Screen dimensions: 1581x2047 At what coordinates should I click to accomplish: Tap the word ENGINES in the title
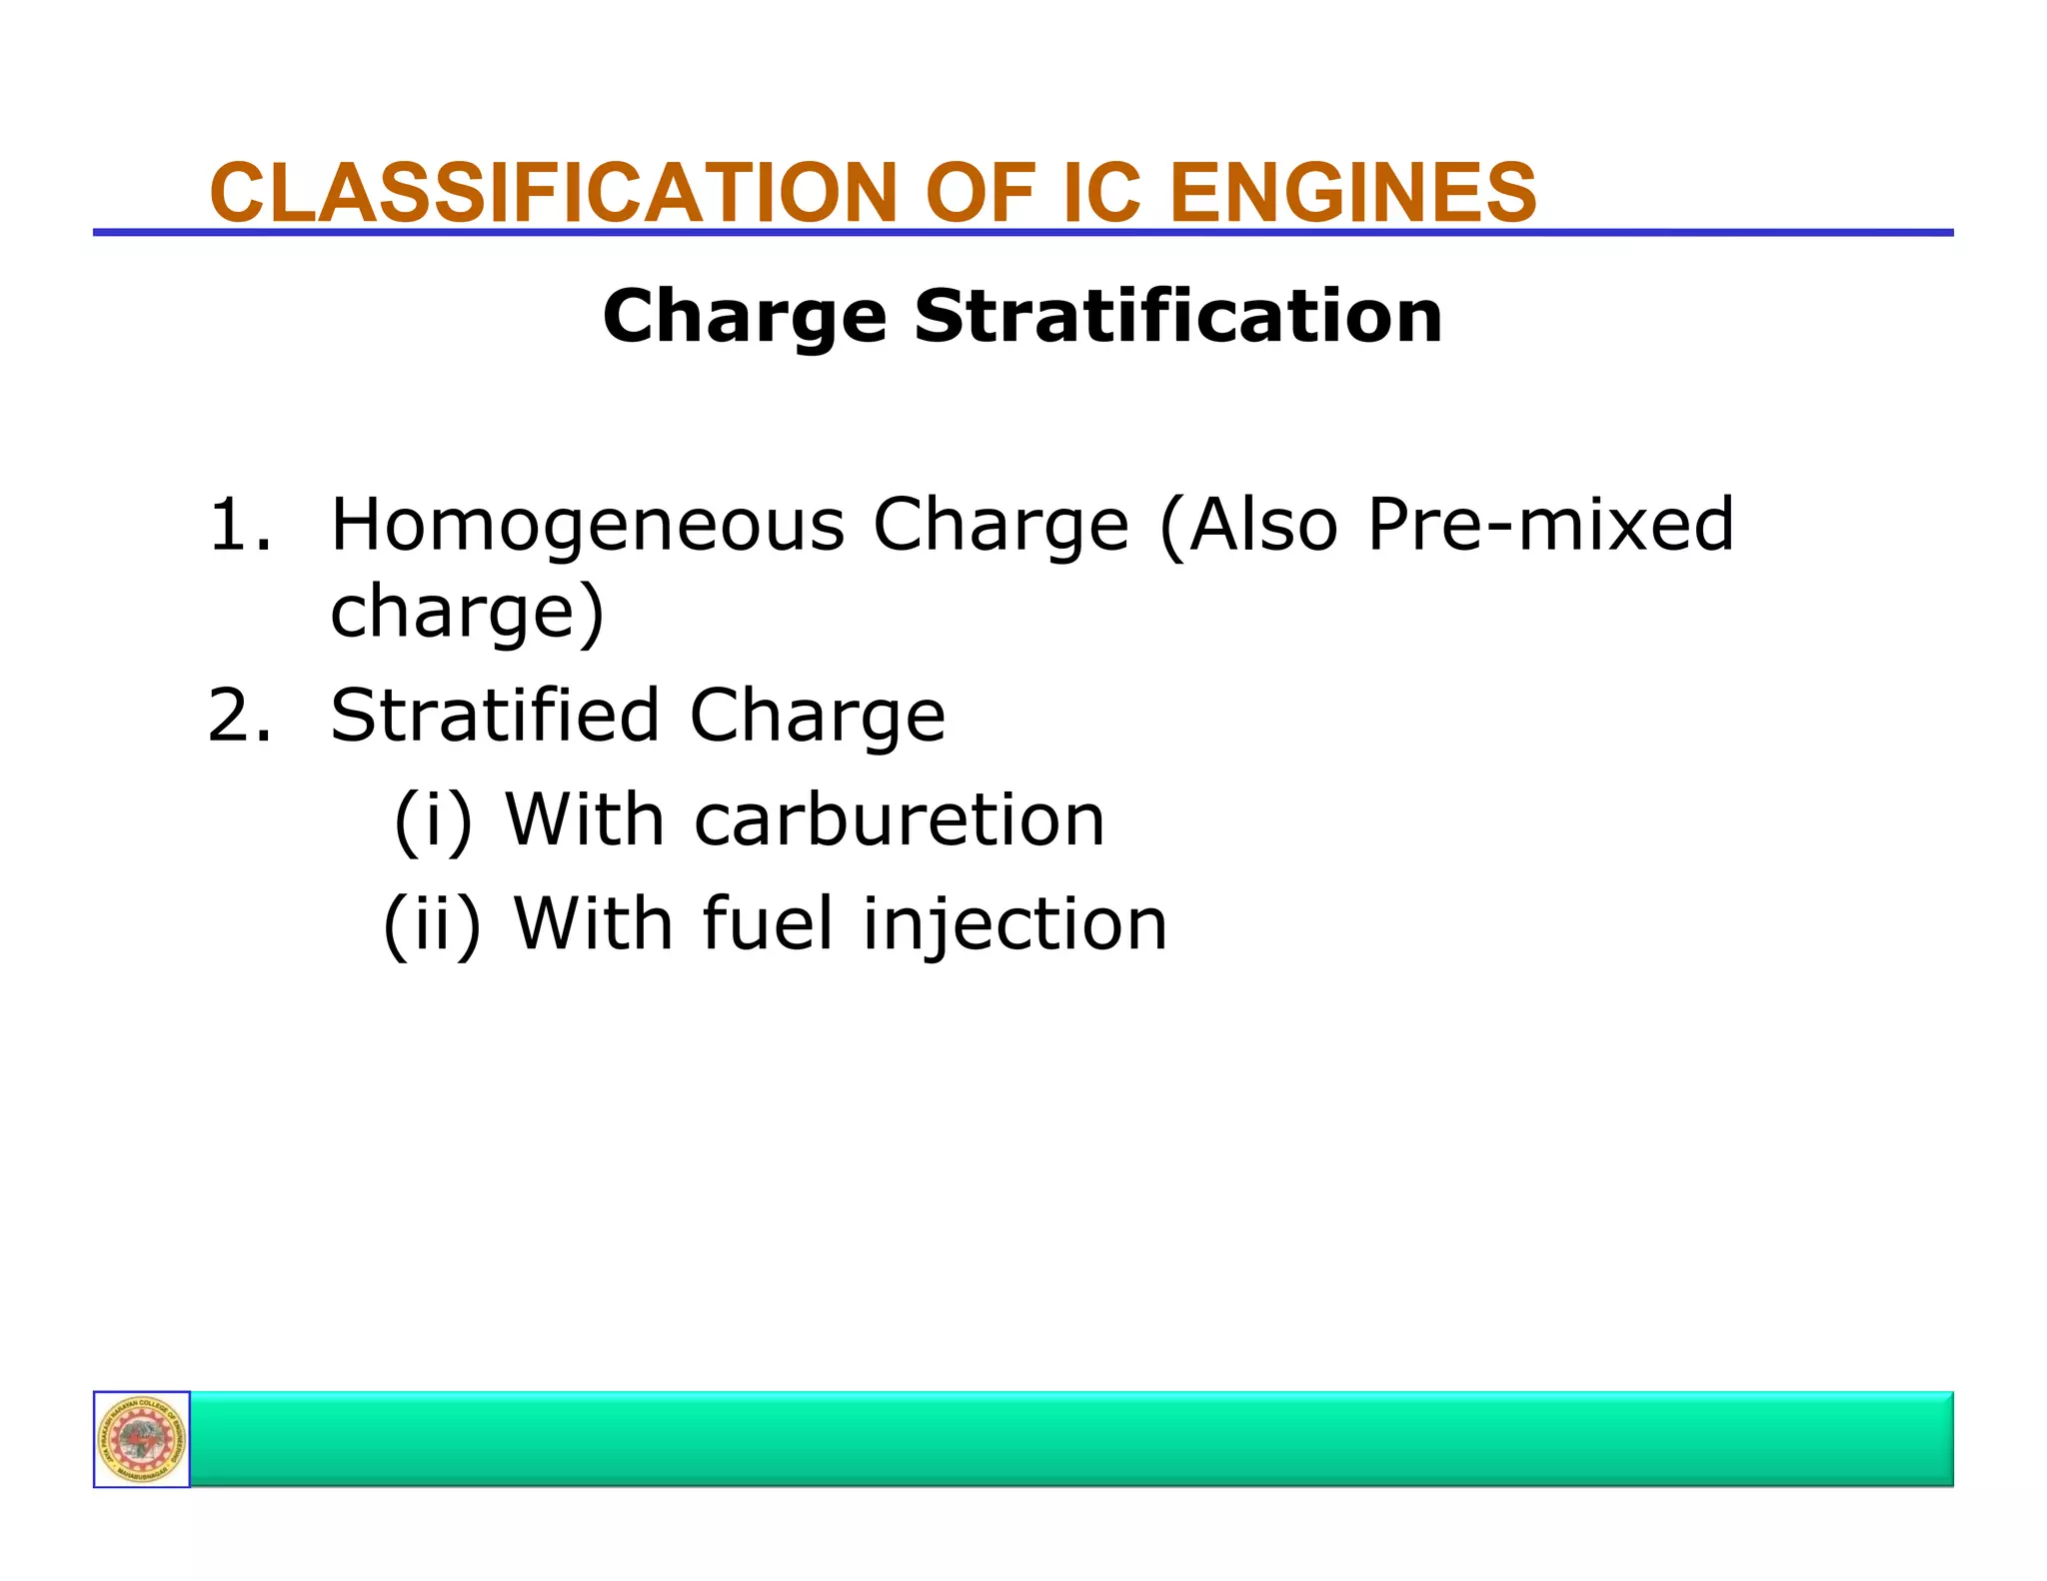click(x=1352, y=193)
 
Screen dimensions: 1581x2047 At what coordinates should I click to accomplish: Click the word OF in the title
click(x=979, y=193)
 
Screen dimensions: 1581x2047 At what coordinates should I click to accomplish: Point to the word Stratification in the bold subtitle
click(x=1177, y=316)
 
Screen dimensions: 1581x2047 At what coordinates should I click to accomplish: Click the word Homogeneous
click(x=587, y=527)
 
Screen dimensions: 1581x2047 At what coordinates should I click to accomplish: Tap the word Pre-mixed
click(x=1550, y=525)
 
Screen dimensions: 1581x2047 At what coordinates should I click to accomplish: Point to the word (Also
click(x=1249, y=527)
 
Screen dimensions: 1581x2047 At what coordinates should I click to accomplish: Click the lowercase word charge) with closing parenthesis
click(x=467, y=613)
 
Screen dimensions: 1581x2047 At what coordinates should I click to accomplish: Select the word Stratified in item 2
click(x=494, y=716)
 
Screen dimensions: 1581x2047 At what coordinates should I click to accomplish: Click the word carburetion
click(x=899, y=820)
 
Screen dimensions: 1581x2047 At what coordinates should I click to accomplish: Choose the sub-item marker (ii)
click(x=432, y=924)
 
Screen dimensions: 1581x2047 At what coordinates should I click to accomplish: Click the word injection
click(x=1014, y=925)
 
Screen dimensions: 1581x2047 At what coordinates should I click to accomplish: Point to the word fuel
click(x=767, y=923)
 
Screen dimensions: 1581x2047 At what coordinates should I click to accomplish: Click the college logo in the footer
click(x=142, y=1439)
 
